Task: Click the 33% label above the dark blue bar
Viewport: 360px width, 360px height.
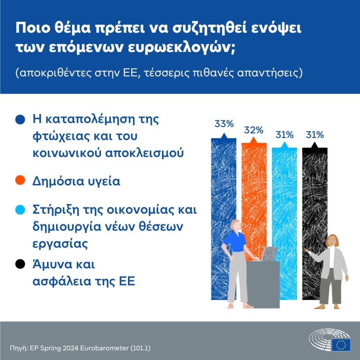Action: pyautogui.click(x=224, y=124)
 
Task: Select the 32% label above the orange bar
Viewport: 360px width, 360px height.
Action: pyautogui.click(x=254, y=130)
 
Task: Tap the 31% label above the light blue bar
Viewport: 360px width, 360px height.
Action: pyautogui.click(x=284, y=135)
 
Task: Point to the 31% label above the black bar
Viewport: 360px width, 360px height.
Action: pyautogui.click(x=315, y=135)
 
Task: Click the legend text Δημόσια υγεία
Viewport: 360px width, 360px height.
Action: pyautogui.click(x=76, y=181)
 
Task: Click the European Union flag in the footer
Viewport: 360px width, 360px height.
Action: pyautogui.click(x=341, y=344)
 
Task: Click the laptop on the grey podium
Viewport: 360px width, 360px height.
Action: pyautogui.click(x=269, y=254)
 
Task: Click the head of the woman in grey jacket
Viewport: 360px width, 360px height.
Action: pyautogui.click(x=332, y=241)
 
